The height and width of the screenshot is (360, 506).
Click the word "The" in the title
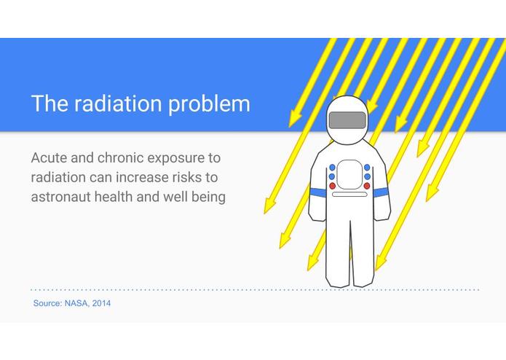point(50,103)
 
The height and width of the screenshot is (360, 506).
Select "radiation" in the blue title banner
point(118,103)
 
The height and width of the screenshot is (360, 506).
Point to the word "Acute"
point(49,158)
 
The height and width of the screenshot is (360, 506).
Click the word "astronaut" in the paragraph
point(60,197)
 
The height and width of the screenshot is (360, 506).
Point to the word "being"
point(208,197)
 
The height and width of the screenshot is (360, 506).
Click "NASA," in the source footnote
point(76,303)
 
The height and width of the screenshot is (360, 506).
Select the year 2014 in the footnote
point(101,303)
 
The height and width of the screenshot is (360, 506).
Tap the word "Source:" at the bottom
point(47,303)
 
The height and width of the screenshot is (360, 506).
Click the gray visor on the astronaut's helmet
point(347,120)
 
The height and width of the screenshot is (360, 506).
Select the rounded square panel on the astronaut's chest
point(349,174)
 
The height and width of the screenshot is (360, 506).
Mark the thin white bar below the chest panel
point(349,195)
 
